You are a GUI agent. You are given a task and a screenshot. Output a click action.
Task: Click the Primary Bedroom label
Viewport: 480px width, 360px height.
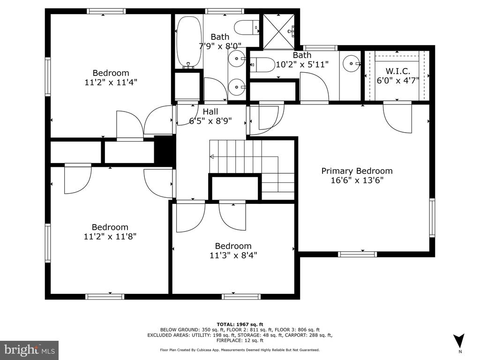357,171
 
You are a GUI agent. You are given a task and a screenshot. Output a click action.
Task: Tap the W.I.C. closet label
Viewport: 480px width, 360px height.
397,71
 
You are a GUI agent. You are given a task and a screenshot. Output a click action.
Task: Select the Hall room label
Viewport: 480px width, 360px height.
210,112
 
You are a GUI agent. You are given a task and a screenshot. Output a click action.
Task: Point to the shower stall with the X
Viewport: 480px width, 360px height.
279,31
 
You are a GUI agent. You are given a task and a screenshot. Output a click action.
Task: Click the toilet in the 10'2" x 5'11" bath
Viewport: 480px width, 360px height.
262,65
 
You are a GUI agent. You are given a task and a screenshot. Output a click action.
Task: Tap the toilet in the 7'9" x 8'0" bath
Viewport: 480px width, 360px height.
247,28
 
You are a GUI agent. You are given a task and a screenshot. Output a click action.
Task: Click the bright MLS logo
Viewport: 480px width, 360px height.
30,349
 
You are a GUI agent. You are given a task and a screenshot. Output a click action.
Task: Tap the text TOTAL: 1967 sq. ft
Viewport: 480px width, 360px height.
240,324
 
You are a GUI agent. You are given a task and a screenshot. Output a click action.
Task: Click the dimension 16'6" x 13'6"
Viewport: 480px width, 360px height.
357,180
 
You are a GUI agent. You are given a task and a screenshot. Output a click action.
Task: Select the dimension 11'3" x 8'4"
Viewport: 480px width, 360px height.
233,255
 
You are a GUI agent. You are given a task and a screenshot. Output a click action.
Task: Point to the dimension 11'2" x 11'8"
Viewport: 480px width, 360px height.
110,236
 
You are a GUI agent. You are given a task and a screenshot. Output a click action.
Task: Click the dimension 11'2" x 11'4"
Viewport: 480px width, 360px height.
111,82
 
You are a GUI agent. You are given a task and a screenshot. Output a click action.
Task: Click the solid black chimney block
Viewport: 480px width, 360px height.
165,150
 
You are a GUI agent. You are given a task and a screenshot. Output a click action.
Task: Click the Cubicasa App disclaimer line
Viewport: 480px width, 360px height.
240,350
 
